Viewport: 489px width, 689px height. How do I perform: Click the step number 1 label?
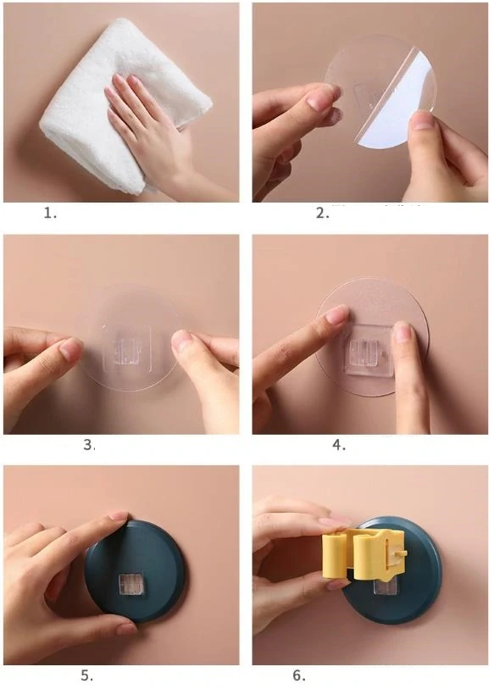pyautogui.click(x=50, y=214)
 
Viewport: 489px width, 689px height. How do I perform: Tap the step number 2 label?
pyautogui.click(x=323, y=214)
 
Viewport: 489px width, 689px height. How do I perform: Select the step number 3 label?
pyautogui.click(x=89, y=445)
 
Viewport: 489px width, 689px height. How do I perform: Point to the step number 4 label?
pyautogui.click(x=339, y=445)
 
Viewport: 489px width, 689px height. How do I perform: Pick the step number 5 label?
pyautogui.click(x=86, y=675)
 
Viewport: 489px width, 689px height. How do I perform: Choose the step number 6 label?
pyautogui.click(x=299, y=675)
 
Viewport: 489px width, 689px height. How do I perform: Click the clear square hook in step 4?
pyautogui.click(x=368, y=350)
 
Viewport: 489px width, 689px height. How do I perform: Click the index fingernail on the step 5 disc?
pyautogui.click(x=118, y=516)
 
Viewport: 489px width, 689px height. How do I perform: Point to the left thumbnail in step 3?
pyautogui.click(x=70, y=350)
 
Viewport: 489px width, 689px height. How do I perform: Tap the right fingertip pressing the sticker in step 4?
pyautogui.click(x=403, y=331)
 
